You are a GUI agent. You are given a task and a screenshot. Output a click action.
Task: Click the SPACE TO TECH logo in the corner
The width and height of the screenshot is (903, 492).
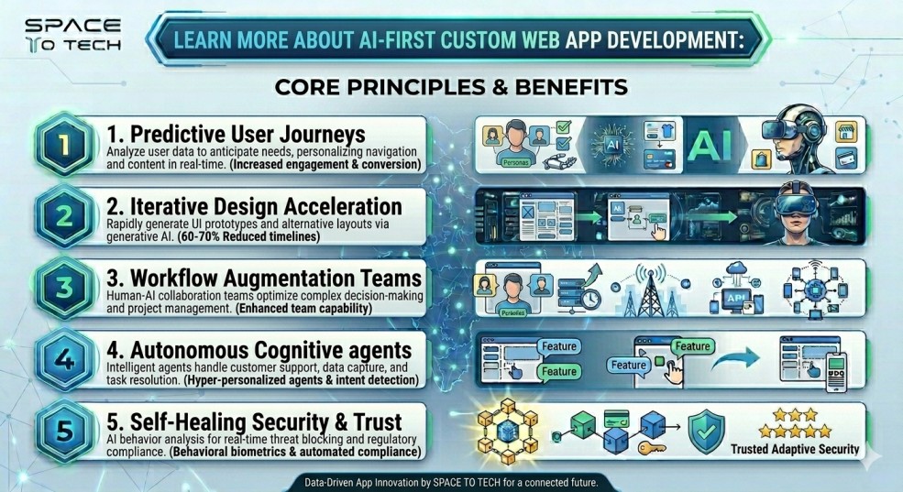coord(62,34)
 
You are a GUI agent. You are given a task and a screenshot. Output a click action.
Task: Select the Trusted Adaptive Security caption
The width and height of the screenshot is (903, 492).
coord(795,449)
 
